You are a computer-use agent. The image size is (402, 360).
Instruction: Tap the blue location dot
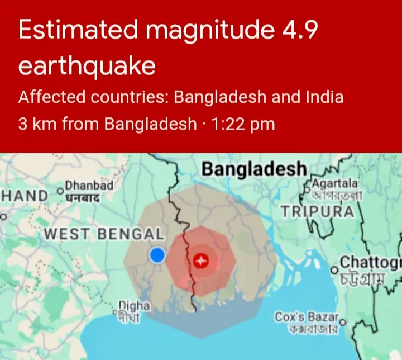[158, 256]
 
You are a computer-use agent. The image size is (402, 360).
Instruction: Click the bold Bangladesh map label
[254, 169]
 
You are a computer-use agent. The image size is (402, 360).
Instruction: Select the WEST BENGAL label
[104, 234]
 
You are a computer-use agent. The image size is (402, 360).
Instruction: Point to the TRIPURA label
[317, 211]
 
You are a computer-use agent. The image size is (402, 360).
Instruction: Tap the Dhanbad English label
[89, 186]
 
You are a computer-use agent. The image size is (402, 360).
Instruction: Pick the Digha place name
[135, 306]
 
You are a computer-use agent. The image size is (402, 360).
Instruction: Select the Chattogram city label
[370, 262]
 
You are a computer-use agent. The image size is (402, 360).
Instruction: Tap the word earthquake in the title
[87, 66]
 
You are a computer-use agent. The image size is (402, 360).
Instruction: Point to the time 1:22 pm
[243, 123]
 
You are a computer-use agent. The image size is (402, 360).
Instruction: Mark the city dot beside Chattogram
[334, 270]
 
